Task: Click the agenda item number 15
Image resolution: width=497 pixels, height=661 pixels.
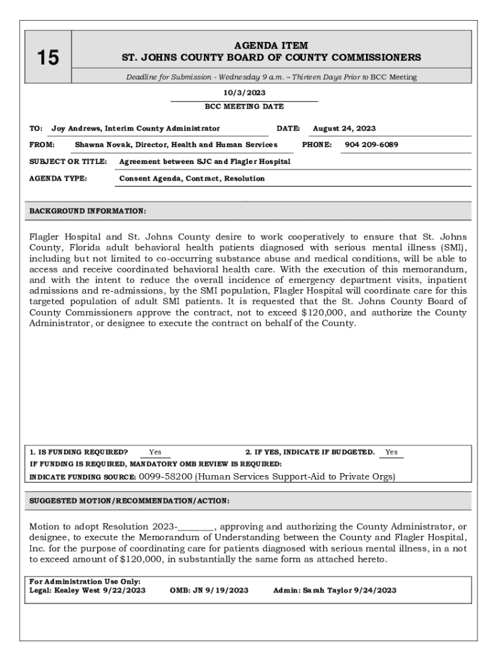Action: [47, 58]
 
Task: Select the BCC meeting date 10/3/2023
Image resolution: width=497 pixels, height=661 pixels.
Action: [244, 93]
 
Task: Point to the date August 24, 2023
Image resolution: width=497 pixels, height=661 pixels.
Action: [344, 128]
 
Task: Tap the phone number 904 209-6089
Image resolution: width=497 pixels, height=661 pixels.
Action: [371, 145]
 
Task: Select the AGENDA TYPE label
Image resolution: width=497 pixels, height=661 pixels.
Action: [59, 178]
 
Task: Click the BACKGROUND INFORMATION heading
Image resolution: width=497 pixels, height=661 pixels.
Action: [88, 211]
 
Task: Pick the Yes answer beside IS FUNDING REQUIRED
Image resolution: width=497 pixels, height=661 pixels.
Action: [155, 452]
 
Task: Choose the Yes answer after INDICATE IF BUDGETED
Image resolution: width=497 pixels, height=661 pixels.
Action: [391, 452]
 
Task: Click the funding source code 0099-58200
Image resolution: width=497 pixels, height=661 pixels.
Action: [165, 477]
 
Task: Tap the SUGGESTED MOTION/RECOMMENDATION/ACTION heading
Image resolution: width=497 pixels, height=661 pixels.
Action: [129, 501]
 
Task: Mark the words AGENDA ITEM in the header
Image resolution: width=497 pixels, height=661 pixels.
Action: [271, 46]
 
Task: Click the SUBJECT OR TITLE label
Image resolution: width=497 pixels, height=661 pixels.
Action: [68, 161]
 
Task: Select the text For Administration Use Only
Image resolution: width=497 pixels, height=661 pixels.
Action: [85, 582]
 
